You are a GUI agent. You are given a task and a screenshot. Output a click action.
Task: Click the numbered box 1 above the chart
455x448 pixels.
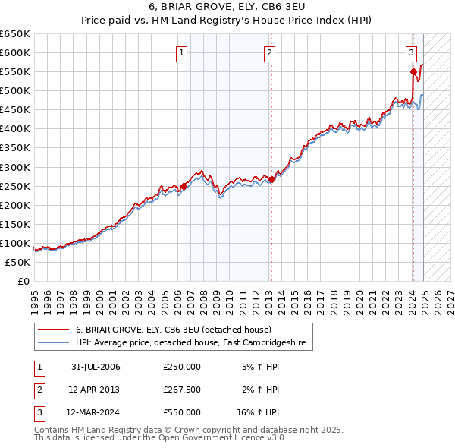[183, 52]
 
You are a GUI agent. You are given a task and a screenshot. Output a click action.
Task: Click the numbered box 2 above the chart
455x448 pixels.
[269, 52]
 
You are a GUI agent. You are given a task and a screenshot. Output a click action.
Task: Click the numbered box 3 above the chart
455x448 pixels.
[410, 52]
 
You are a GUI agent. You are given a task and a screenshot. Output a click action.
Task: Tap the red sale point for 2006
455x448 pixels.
[184, 185]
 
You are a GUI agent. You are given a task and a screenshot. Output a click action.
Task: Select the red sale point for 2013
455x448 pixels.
[271, 179]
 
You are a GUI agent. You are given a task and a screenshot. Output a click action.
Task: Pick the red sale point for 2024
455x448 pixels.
[413, 71]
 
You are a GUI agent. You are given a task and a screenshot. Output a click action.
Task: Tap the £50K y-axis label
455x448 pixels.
[17, 262]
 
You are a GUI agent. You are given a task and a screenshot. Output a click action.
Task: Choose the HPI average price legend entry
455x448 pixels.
[190, 343]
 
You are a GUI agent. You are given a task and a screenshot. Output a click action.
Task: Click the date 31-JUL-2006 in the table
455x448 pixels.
[96, 367]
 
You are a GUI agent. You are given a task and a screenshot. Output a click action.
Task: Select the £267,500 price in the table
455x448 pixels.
[182, 390]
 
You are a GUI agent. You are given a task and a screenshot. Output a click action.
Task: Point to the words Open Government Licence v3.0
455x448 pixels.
[226, 438]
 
